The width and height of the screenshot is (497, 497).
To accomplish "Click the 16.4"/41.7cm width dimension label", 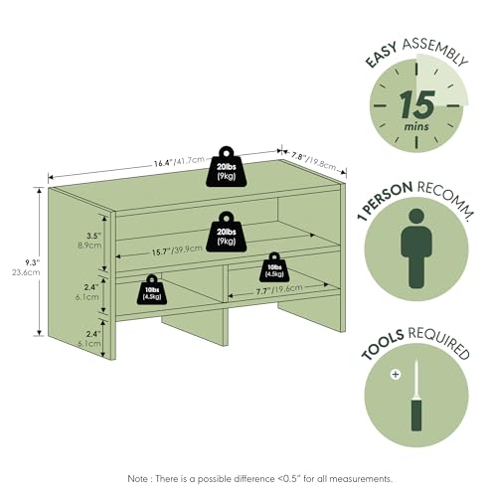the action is click(179, 162).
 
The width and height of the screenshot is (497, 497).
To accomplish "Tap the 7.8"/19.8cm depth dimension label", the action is click(314, 161).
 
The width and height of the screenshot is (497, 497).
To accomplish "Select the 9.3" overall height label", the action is click(33, 262).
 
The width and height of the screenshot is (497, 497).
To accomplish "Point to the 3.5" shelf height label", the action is click(93, 236).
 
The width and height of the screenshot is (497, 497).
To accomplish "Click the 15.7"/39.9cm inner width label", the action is click(177, 250).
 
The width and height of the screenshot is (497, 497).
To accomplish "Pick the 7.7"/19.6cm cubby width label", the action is click(279, 289).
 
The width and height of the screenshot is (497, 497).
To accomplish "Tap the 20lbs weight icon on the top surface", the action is click(227, 167).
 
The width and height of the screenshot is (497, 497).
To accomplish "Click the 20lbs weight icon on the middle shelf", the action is click(227, 232).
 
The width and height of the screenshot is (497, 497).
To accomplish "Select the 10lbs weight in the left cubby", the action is click(152, 289).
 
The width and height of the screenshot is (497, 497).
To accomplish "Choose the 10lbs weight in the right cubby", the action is click(274, 267).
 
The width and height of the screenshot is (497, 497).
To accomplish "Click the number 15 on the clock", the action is click(417, 104).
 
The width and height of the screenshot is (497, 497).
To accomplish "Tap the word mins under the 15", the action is click(416, 126).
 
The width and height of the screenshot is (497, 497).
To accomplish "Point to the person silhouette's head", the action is click(416, 217).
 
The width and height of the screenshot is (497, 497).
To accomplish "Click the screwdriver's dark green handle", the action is click(416, 415).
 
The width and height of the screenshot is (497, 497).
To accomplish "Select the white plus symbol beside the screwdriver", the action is click(396, 375).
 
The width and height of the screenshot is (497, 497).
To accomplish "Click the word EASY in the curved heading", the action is click(381, 56).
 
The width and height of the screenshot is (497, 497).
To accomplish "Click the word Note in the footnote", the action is click(138, 478).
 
